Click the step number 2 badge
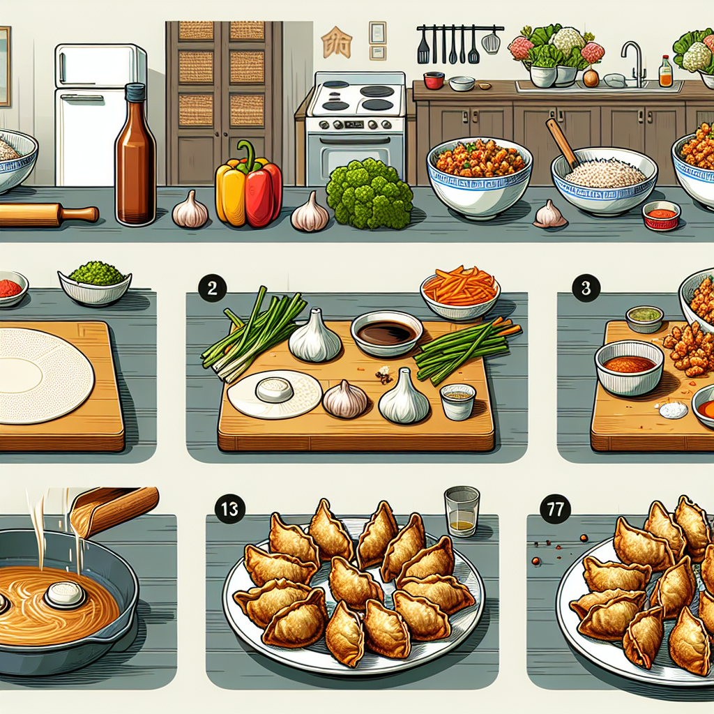[x=212, y=288]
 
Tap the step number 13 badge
[x=230, y=508]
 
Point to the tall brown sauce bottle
[x=135, y=154]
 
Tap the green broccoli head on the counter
[x=370, y=195]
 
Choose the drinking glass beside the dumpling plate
[x=462, y=511]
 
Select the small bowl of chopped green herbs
[x=95, y=282]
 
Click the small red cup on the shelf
[x=434, y=80]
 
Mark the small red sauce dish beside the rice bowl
[x=661, y=215]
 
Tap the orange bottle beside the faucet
[x=665, y=72]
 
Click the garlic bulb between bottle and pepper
[x=190, y=210]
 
